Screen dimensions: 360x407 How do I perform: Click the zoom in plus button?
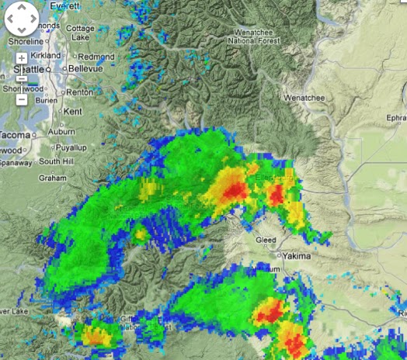22,58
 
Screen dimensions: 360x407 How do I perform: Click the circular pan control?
21,20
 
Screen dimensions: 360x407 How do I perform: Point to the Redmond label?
96,57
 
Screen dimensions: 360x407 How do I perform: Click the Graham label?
53,177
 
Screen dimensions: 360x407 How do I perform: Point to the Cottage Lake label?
80,33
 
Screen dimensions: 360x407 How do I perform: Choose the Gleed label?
266,240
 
